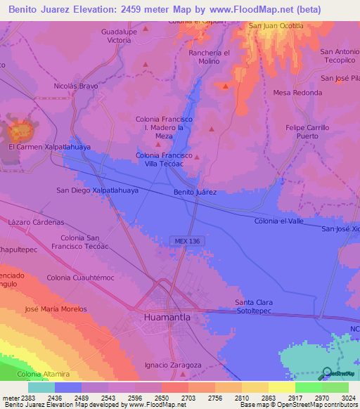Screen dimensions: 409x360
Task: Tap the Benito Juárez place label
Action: coord(195,192)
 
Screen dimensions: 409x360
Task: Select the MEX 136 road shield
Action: coord(184,241)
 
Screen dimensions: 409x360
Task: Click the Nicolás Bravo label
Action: coord(76,86)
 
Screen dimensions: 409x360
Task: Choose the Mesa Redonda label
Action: coord(297,93)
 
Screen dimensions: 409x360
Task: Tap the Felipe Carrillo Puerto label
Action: coord(307,132)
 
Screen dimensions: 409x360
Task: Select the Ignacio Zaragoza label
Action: coord(173,365)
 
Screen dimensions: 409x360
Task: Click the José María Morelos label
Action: coord(56,309)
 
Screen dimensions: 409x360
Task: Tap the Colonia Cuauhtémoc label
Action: coord(80,278)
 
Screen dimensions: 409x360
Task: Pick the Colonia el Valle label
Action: coord(279,221)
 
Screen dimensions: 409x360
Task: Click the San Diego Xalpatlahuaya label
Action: coord(97,190)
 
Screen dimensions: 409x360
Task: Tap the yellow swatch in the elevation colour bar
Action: coord(282,387)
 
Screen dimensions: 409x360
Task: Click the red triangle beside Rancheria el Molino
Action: coord(225,86)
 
